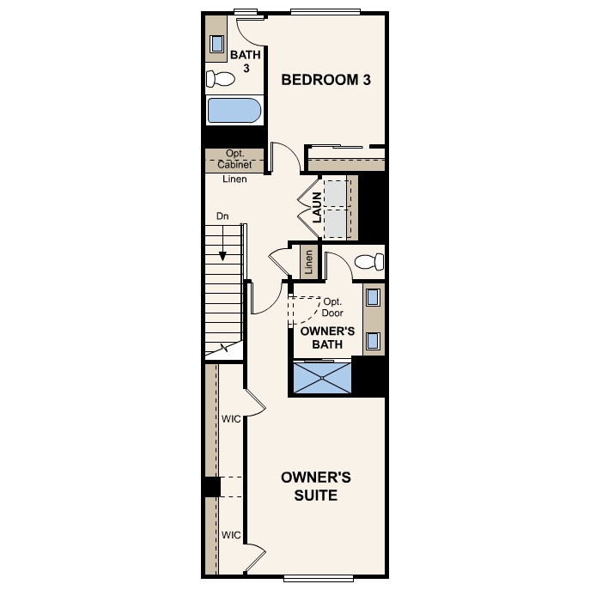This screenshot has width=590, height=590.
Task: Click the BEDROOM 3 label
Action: [x=326, y=80]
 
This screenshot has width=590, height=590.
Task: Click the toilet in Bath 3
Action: [x=221, y=80]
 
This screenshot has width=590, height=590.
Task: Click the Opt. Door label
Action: [x=332, y=307]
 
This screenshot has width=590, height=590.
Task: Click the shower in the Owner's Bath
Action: [x=322, y=377]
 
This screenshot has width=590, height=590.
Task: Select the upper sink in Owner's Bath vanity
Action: [x=374, y=298]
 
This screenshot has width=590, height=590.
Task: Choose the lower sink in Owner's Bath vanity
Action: [x=374, y=340]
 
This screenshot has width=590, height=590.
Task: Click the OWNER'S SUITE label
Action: [x=316, y=487]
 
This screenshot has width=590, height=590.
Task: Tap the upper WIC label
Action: [x=231, y=419]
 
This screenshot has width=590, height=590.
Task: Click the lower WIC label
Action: [x=231, y=534]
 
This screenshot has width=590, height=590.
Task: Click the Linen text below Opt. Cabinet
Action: [x=234, y=179]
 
